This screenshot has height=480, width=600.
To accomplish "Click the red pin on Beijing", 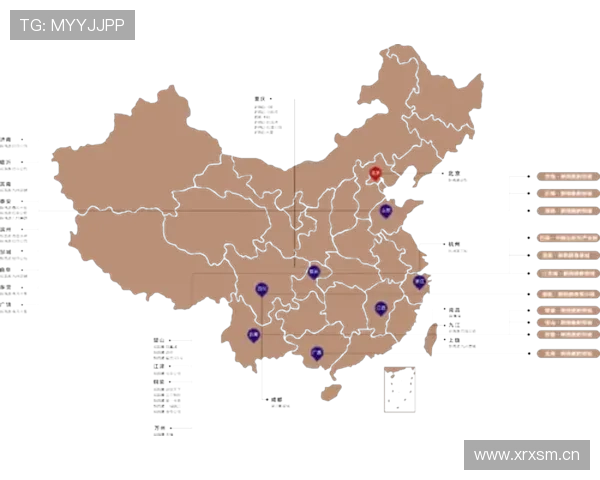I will (x=375, y=172).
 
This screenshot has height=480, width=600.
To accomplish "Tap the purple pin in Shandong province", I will (x=385, y=210).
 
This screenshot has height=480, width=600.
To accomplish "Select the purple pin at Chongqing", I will (x=313, y=270).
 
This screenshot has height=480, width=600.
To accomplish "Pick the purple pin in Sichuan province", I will (x=262, y=288).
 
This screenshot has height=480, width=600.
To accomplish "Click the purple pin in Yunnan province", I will (x=253, y=335).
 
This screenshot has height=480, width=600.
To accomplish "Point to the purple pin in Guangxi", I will (x=316, y=351).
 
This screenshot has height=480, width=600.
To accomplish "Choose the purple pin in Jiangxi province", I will (x=380, y=308).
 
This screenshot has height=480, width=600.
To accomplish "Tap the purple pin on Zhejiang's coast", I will (x=419, y=282).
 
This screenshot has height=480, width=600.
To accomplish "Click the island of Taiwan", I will (x=432, y=338).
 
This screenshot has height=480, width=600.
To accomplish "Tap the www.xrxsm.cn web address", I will (x=527, y=455).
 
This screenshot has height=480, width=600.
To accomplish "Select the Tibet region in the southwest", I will (x=130, y=250).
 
